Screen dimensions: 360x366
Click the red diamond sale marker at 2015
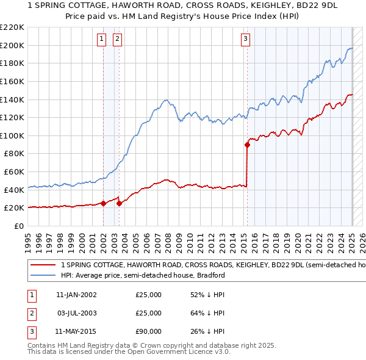pos(247,145)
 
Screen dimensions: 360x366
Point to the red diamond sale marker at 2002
pos(104,203)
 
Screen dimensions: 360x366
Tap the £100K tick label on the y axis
pos(12,135)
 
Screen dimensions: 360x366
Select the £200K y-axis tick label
pos(12,45)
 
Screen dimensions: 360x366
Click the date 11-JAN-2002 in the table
pos(76,295)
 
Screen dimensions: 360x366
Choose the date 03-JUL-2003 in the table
pos(76,313)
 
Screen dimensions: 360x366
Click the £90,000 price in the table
pos(149,331)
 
